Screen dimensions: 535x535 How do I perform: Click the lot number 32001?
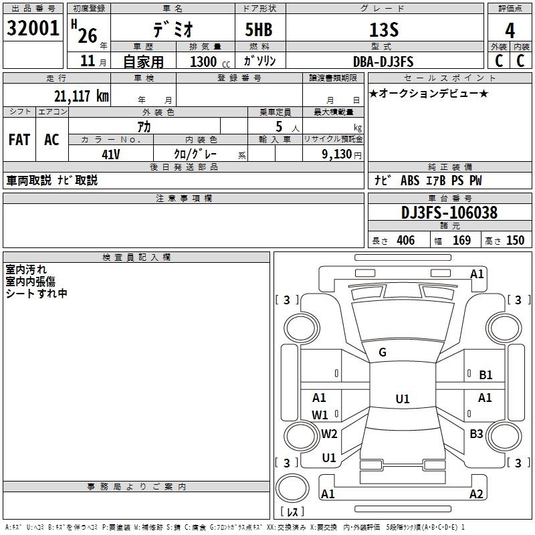[33, 28]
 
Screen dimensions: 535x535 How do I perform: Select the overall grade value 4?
[510, 31]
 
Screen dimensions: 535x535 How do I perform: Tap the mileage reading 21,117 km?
[81, 96]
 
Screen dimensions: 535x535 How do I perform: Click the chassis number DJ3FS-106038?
[449, 213]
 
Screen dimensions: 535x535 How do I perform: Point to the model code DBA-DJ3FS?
[383, 62]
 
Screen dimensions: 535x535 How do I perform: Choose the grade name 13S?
[384, 30]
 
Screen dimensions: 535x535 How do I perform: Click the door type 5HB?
[259, 29]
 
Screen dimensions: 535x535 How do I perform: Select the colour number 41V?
[111, 154]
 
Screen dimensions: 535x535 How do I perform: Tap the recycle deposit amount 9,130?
[337, 154]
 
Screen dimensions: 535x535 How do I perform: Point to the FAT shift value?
[19, 140]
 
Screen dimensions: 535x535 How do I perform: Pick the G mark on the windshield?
[383, 352]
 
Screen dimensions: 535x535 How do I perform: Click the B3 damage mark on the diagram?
[476, 433]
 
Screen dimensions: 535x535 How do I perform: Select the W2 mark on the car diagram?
[329, 433]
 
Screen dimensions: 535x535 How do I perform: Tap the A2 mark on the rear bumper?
[476, 494]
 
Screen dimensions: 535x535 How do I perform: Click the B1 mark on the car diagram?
[486, 375]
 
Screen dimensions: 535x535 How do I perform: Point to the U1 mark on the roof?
[403, 399]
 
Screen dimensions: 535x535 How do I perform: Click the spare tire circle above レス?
[292, 488]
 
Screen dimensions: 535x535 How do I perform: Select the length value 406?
[406, 240]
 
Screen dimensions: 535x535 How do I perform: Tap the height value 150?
[515, 240]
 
